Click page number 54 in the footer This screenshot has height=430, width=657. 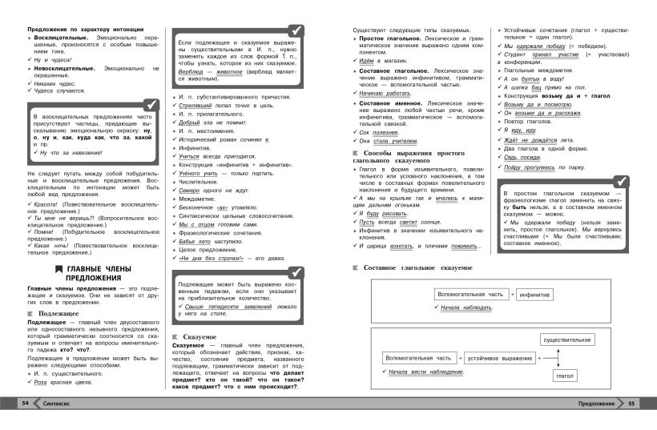26,403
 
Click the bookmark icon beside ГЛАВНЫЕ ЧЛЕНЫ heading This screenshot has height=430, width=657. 55,268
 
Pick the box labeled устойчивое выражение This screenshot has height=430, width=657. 501,357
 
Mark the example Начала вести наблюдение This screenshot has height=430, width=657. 428,373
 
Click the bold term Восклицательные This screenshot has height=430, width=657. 63,38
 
